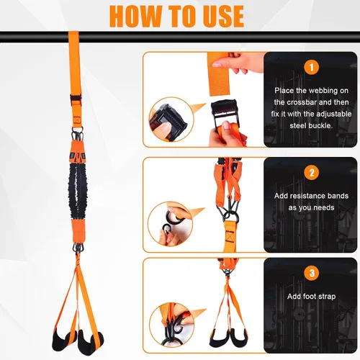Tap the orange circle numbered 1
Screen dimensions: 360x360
(311, 67)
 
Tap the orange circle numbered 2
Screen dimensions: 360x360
(311, 173)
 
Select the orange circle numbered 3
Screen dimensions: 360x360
(311, 273)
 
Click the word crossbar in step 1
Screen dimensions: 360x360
(301, 102)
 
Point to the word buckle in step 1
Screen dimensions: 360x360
(321, 125)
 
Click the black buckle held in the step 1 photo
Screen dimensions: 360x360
(225, 112)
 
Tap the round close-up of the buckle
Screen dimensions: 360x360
(171, 120)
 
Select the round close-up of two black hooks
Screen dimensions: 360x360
(171, 224)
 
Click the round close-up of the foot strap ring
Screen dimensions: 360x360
(171, 325)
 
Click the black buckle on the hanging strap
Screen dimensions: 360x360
(76, 99)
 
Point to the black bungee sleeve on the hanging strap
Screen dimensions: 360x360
(78, 189)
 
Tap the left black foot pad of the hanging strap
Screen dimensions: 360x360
(63, 341)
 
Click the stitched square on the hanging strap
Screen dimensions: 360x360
(77, 120)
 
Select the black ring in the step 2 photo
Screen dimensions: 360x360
(233, 217)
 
